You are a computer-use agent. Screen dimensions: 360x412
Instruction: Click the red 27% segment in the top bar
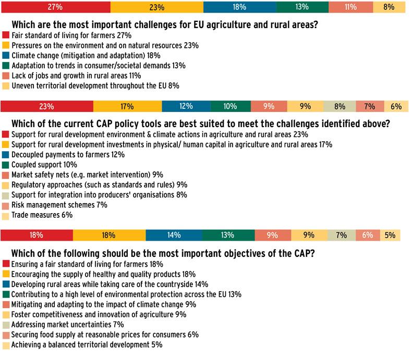pyautogui.click(x=56, y=7)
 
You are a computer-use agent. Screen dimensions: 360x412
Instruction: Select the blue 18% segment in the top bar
pyautogui.click(x=239, y=7)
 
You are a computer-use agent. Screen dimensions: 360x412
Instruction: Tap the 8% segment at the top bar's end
pyautogui.click(x=389, y=7)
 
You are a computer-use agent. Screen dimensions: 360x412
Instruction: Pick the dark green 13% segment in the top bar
pyautogui.click(x=302, y=7)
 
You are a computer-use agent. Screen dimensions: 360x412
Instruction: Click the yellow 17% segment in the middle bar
pyautogui.click(x=127, y=106)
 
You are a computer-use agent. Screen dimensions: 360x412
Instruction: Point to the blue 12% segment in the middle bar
pyautogui.click(x=186, y=106)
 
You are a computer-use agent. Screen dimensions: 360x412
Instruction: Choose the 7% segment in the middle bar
pyautogui.click(x=370, y=106)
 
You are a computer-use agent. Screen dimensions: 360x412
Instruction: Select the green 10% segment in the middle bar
pyautogui.click(x=231, y=106)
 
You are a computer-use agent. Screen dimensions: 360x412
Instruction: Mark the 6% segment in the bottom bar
pyautogui.click(x=368, y=235)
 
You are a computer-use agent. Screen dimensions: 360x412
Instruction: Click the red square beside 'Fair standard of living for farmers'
pyautogui.click(x=6, y=35)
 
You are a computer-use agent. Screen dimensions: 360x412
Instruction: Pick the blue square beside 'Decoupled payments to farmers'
pyautogui.click(x=6, y=155)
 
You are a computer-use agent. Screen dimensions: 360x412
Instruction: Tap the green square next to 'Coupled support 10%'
pyautogui.click(x=6, y=165)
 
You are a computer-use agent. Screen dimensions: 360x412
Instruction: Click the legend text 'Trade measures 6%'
pyautogui.click(x=42, y=215)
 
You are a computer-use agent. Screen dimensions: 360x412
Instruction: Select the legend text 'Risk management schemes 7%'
pyautogui.click(x=59, y=205)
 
